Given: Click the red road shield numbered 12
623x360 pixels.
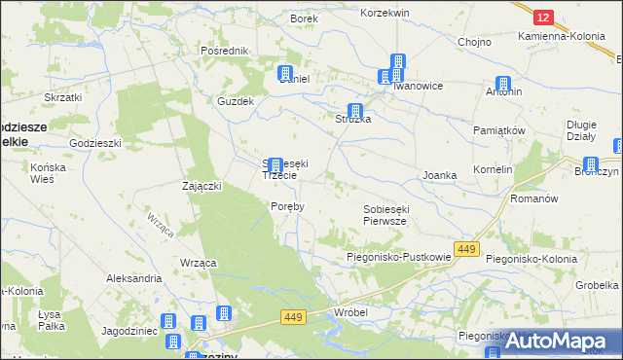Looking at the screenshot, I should click(543, 18).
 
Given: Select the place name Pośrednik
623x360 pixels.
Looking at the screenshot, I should click(224, 51).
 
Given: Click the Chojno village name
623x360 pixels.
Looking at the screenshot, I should click(473, 42).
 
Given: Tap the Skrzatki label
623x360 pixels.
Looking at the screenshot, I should click(62, 97).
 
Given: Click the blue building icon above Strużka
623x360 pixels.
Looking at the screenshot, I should click(355, 112).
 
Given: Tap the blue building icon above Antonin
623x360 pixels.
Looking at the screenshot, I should click(503, 84).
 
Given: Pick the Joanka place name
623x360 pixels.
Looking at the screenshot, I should click(439, 175).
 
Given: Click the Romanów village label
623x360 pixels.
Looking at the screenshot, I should click(533, 198).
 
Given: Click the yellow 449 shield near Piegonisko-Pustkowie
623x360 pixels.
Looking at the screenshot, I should click(466, 250).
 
